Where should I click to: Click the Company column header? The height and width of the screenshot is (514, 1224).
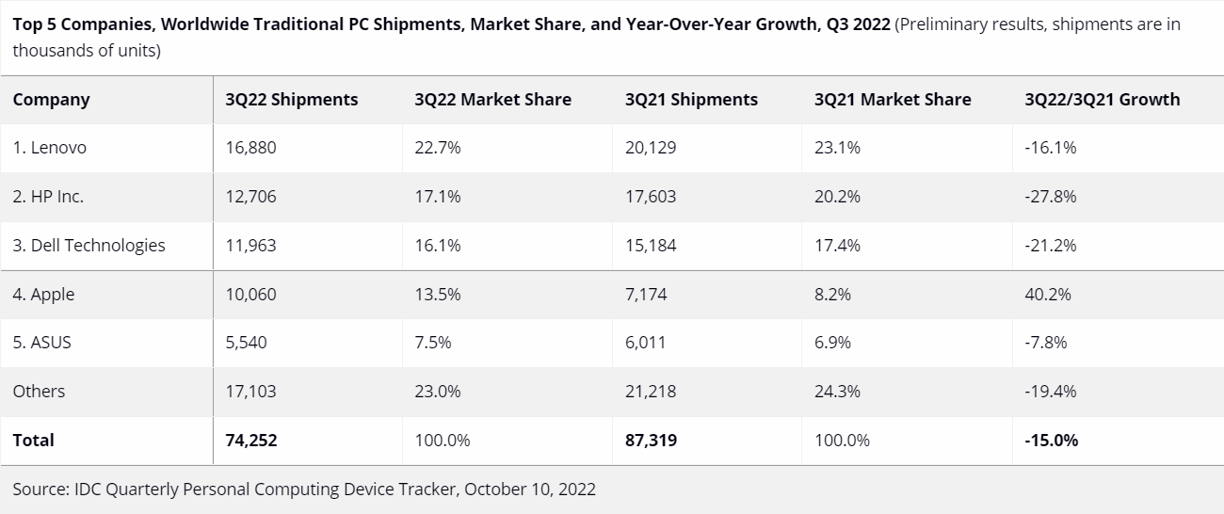click(52, 100)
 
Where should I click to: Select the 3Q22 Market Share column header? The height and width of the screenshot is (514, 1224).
click(492, 100)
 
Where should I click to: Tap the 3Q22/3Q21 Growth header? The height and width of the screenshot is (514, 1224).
click(1102, 100)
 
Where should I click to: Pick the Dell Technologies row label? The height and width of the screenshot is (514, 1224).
click(89, 246)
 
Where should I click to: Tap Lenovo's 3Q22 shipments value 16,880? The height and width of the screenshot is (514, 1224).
click(250, 148)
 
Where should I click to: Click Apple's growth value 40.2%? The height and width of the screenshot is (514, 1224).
click(1048, 295)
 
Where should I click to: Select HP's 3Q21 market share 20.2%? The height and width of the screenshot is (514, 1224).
click(837, 197)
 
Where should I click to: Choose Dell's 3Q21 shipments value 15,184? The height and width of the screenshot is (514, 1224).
click(651, 246)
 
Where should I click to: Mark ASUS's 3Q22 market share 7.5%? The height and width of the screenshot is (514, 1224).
click(433, 343)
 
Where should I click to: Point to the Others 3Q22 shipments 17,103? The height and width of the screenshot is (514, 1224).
click(250, 392)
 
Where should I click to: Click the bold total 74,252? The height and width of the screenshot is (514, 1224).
click(251, 441)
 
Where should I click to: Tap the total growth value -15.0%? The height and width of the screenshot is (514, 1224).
click(1052, 441)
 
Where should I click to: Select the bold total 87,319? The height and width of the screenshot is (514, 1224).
click(651, 441)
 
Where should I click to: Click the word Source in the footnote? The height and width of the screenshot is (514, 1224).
click(41, 490)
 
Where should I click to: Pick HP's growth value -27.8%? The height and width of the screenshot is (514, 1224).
click(1051, 197)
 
